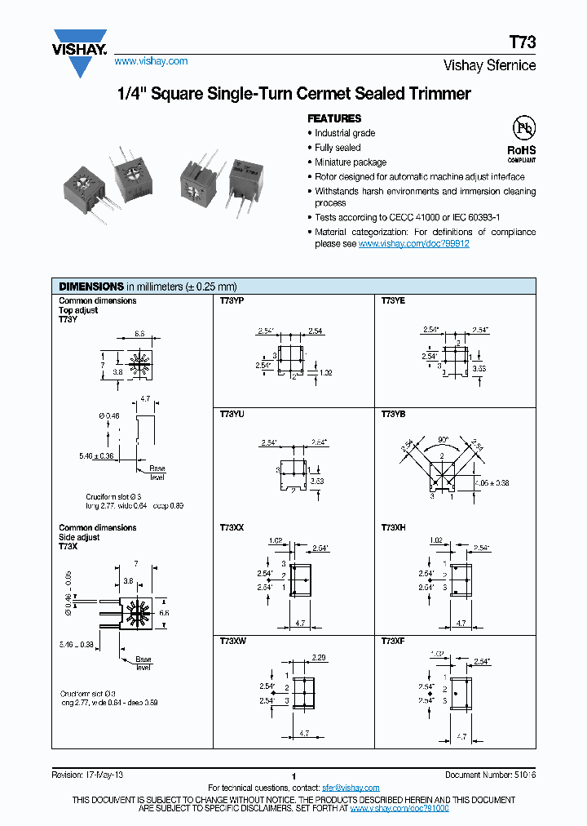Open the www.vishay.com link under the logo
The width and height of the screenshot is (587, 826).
(x=151, y=61)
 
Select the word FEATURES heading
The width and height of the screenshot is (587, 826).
(x=334, y=118)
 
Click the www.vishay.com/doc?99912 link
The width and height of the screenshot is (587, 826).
(x=413, y=243)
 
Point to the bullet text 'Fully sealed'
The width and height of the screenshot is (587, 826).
(x=338, y=148)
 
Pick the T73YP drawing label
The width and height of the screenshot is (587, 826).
(x=232, y=301)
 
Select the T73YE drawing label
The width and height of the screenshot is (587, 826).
(x=393, y=301)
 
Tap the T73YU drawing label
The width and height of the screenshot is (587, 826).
(x=232, y=415)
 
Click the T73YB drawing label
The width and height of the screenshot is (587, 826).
(x=393, y=415)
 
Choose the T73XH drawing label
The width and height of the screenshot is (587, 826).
(x=393, y=528)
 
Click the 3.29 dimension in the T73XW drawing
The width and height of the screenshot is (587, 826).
(x=319, y=657)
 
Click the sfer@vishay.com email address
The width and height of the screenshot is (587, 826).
(x=351, y=788)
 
